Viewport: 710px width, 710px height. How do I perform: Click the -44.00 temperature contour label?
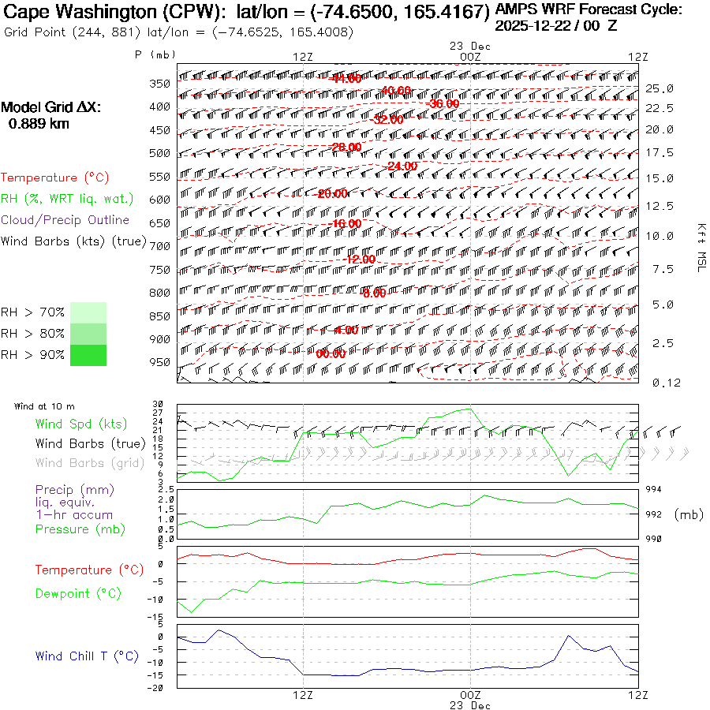pos(346,78)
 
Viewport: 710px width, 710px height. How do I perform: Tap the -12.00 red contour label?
pos(360,260)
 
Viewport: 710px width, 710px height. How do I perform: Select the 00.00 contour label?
pos(331,353)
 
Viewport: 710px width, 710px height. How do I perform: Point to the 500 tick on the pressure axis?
pos(160,153)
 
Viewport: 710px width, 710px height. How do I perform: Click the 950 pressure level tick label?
pos(160,362)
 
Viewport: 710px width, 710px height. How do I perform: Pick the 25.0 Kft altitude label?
pos(659,88)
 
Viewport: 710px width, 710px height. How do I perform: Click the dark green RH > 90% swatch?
pos(88,355)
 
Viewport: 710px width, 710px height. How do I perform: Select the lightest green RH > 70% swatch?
pos(88,312)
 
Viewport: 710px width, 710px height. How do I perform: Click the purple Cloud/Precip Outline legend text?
pos(65,220)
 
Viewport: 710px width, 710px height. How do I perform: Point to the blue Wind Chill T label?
pos(86,656)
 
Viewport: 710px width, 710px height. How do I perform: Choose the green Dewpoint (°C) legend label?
pos(78,593)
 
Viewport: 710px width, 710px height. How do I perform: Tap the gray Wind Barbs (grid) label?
pos(89,463)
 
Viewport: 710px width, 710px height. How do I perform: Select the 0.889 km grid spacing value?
pos(38,124)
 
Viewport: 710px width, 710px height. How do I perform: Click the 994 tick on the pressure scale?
pos(654,490)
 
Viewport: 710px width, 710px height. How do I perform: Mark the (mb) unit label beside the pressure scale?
pos(689,514)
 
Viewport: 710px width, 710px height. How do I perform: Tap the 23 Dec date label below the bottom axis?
pos(470,705)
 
